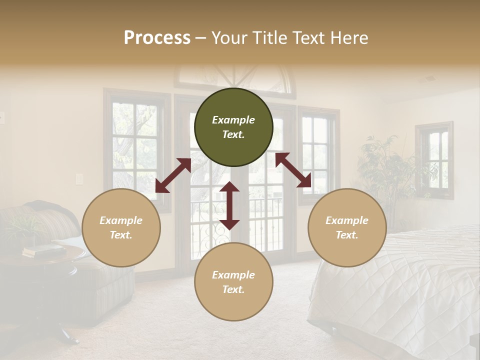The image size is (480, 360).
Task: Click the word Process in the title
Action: point(157,38)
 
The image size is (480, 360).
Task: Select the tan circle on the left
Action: point(121,227)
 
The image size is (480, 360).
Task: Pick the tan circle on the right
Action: point(347,227)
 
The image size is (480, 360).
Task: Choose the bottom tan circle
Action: point(233,281)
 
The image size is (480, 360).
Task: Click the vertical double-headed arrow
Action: point(229,205)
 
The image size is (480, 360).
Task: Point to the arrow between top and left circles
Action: point(173,175)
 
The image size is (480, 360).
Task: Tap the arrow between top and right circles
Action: point(293,170)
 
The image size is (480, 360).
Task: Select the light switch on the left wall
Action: point(78,179)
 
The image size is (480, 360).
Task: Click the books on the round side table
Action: point(43,249)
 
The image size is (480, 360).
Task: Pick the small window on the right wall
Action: point(434,160)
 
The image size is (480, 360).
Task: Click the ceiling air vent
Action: point(428,78)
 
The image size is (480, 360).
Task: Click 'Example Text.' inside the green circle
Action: point(233,127)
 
